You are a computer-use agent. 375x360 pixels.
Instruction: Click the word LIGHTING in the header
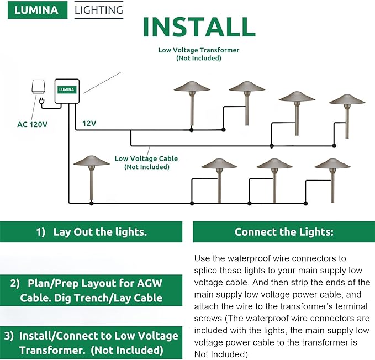(x=99, y=10)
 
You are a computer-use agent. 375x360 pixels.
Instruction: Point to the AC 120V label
(x=32, y=124)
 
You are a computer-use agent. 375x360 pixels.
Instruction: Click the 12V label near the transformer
(x=89, y=123)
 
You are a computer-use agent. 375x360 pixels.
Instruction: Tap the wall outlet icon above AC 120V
(x=38, y=86)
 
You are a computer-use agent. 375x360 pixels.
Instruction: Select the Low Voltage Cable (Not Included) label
(x=146, y=162)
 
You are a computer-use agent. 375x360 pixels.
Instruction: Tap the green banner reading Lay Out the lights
(x=91, y=232)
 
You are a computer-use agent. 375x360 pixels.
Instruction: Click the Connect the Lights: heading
(x=284, y=232)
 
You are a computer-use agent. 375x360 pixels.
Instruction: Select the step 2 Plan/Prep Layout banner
(x=91, y=291)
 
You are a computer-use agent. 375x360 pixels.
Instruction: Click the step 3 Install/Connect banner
(x=91, y=342)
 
